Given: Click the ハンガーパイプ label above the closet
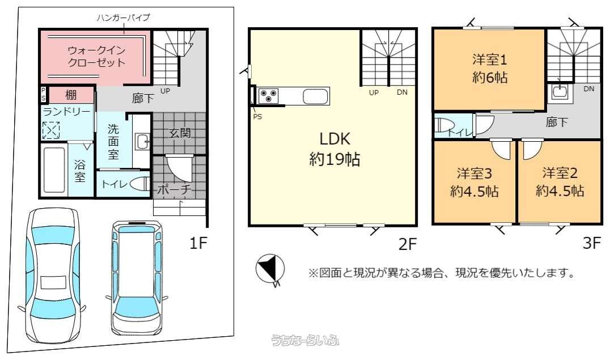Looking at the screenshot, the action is pyautogui.click(x=124, y=18).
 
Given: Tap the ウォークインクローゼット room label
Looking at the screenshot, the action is pyautogui.click(x=96, y=57).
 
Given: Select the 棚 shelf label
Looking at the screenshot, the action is pyautogui.click(x=71, y=95).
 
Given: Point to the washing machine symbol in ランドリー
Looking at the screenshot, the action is pyautogui.click(x=52, y=130).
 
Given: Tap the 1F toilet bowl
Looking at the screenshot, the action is pyautogui.click(x=140, y=184).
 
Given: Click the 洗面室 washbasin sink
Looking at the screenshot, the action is pyautogui.click(x=142, y=142).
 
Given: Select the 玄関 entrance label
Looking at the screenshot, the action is pyautogui.click(x=180, y=133).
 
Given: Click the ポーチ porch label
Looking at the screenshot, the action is pyautogui.click(x=175, y=189).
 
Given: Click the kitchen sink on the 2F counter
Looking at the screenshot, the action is pyautogui.click(x=315, y=96).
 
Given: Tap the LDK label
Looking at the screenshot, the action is pyautogui.click(x=334, y=139).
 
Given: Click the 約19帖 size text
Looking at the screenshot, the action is pyautogui.click(x=334, y=159).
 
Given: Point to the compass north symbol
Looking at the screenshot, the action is pyautogui.click(x=270, y=270).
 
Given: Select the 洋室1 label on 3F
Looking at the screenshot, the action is pyautogui.click(x=490, y=60).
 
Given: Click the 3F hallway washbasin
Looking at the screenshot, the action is pyautogui.click(x=560, y=92).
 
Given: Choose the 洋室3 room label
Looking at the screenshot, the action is pyautogui.click(x=475, y=173).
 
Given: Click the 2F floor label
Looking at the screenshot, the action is pyautogui.click(x=407, y=244).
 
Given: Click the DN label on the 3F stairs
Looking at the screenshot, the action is pyautogui.click(x=588, y=89).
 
